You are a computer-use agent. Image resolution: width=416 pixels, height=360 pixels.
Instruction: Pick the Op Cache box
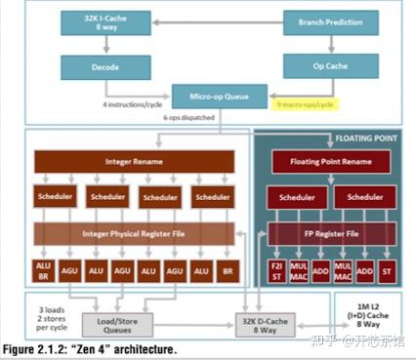click(317, 66)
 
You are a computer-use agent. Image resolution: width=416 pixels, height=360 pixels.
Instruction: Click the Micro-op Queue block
click(205, 97)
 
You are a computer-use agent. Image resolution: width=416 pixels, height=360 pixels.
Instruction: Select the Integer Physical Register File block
click(135, 233)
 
